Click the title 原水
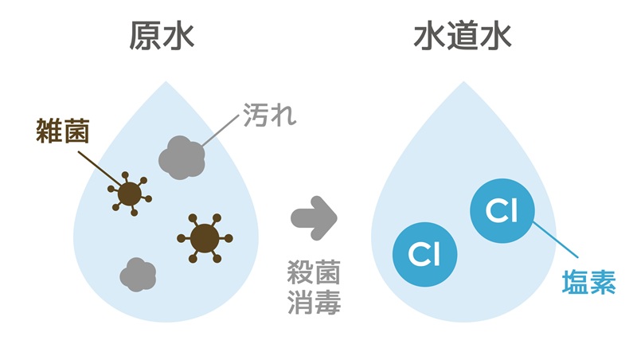click(162, 36)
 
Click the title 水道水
click(463, 36)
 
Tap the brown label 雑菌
click(63, 131)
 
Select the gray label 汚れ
click(270, 115)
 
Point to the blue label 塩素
click(588, 282)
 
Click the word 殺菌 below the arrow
click(314, 272)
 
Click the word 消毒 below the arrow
click(314, 303)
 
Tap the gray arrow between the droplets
click(314, 218)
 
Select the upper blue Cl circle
click(502, 211)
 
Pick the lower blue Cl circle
click(424, 254)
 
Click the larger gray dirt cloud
click(182, 158)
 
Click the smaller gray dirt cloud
click(138, 274)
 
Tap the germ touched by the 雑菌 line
click(130, 194)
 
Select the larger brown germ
click(205, 238)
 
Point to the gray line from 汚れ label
click(221, 131)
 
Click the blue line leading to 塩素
click(555, 240)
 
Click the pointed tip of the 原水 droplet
click(166, 81)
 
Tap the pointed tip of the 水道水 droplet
click(463, 81)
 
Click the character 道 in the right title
click(463, 36)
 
